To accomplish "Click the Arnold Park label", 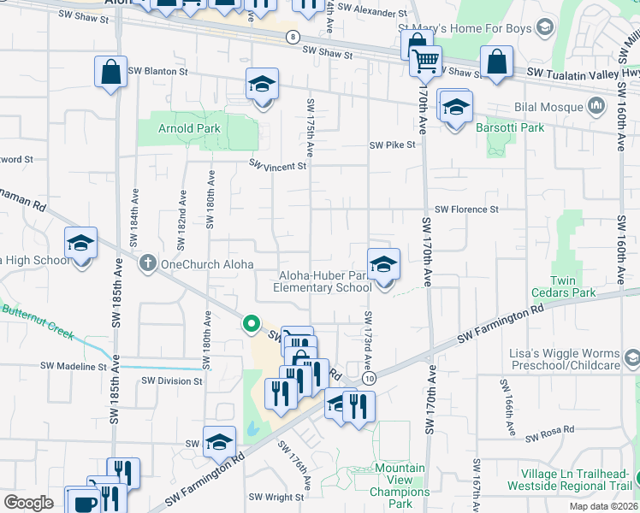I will point(189,129).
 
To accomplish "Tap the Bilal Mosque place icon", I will point(596,108).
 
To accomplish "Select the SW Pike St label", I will point(392,145).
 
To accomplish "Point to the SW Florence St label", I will point(466,209).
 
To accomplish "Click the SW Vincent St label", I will point(277,166).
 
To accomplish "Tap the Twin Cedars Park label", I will point(574,286).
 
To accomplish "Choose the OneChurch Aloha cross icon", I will point(148,264).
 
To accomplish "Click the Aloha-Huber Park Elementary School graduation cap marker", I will point(384,265).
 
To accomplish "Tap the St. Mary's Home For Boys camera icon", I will point(543,29).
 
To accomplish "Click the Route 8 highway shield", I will point(293,37).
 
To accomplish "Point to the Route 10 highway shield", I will point(369,377).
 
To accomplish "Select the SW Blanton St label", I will point(157,71).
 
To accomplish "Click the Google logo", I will point(28,503).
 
